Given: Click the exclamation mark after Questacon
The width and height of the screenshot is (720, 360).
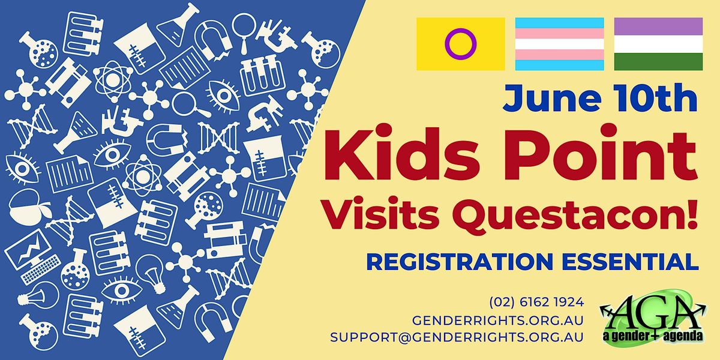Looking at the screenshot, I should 692,214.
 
